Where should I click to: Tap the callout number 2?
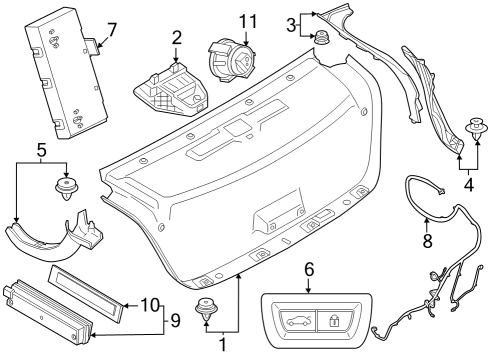tap(176, 38)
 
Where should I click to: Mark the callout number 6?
tap(308, 270)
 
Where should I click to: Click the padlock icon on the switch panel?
tap(333, 321)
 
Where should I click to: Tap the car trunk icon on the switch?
tap(292, 321)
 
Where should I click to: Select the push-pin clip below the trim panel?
tap(209, 311)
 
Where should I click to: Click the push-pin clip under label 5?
tap(69, 189)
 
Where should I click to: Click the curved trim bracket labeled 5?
tap(60, 236)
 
